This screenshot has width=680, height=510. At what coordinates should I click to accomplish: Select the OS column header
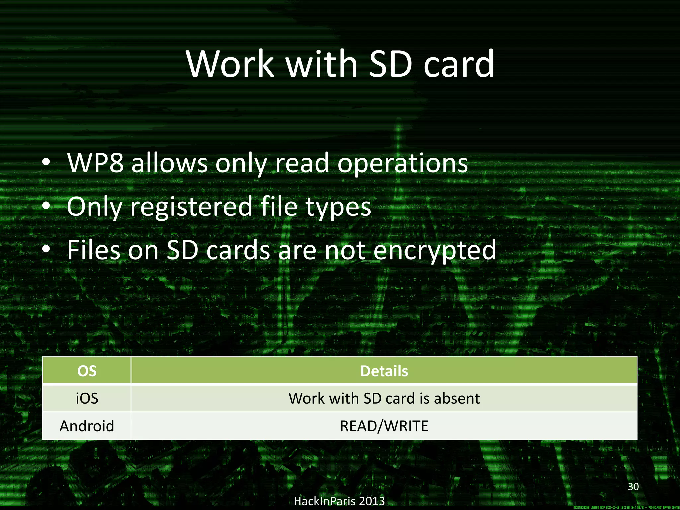(87, 371)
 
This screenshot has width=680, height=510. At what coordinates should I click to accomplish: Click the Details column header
(384, 371)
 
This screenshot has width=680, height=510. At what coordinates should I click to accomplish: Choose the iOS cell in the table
(87, 398)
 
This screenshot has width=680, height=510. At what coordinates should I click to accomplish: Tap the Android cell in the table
(87, 426)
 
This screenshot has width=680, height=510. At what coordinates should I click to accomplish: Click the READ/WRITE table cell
(384, 426)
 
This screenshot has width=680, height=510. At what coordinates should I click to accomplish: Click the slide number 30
(633, 487)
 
